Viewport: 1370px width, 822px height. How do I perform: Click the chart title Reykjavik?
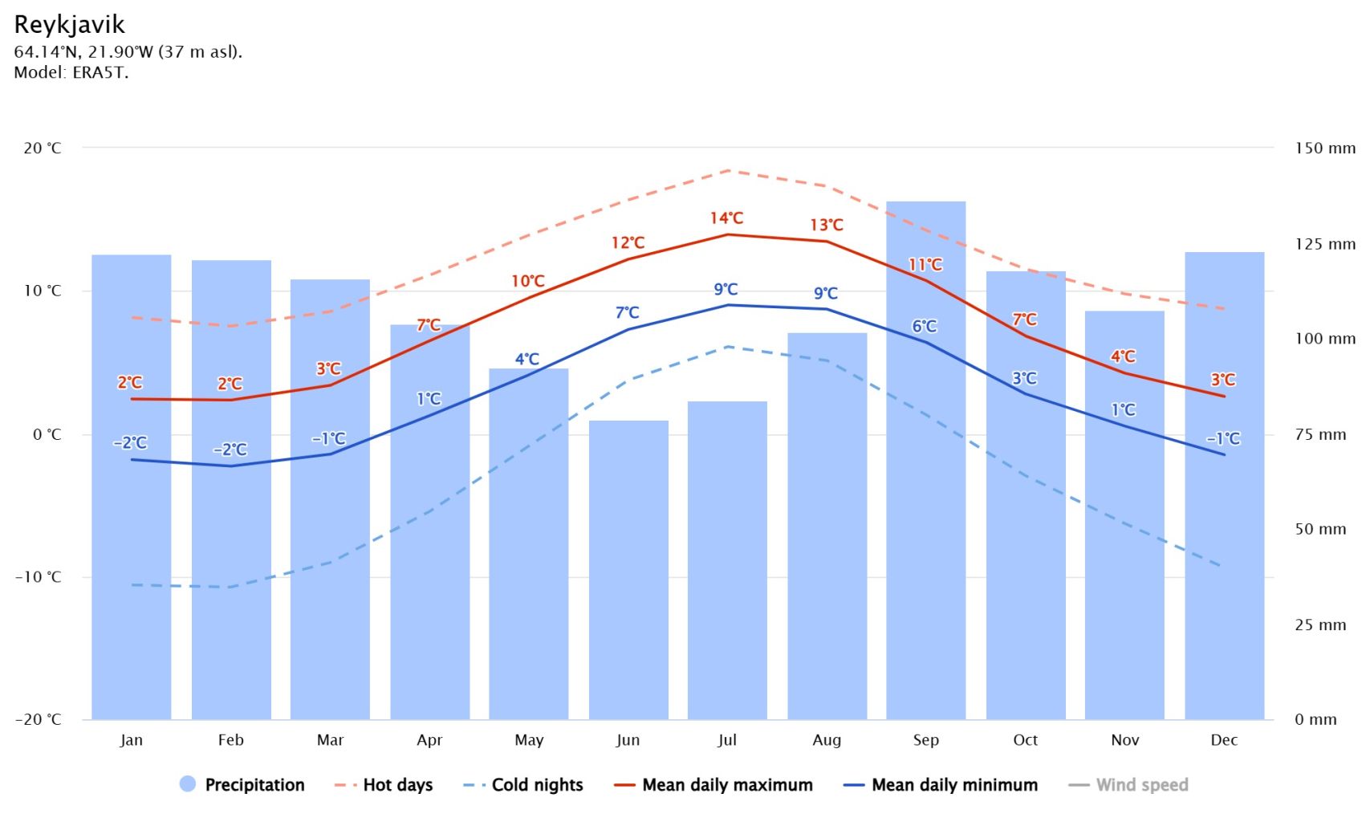(x=70, y=25)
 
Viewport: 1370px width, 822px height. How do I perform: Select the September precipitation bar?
(x=925, y=482)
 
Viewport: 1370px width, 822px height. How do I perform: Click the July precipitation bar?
(x=727, y=562)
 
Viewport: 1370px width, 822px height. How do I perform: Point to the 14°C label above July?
(x=726, y=218)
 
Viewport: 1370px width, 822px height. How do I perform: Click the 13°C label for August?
(x=826, y=225)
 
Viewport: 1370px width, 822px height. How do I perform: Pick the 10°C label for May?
(x=528, y=281)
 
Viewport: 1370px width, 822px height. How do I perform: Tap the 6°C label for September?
(x=925, y=326)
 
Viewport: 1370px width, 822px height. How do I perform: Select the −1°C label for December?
(x=1223, y=438)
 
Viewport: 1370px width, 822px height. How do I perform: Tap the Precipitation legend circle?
(x=188, y=784)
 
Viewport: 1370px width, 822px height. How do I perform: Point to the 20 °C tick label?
(x=43, y=148)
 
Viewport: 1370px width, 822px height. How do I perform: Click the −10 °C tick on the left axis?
(x=39, y=577)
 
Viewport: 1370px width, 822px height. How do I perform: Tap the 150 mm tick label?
(x=1325, y=148)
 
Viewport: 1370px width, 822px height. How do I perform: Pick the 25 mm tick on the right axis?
(x=1320, y=625)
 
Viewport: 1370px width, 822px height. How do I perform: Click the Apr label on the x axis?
(x=429, y=740)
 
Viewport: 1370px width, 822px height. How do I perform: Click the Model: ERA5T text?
(x=71, y=72)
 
